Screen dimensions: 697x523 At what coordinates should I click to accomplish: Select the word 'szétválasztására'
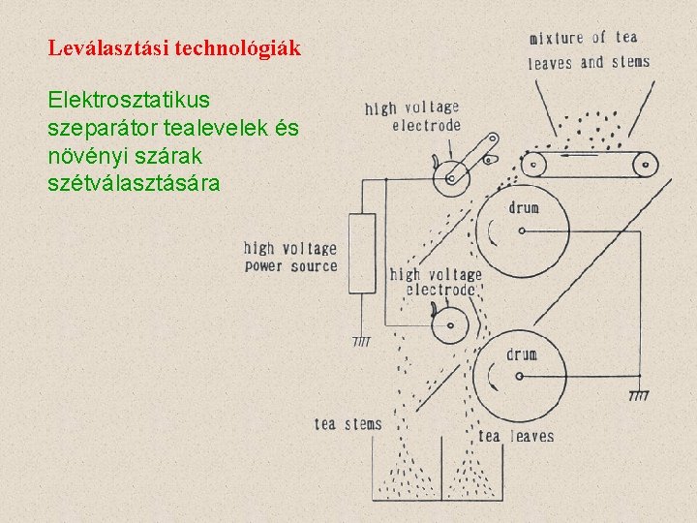134,181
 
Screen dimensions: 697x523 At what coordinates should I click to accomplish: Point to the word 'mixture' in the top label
557,39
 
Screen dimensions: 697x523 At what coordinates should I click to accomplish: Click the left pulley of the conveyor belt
534,164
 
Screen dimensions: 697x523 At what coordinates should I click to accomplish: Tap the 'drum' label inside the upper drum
523,207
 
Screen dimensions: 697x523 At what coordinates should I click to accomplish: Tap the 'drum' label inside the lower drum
520,354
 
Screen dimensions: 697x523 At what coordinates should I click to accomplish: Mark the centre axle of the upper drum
522,231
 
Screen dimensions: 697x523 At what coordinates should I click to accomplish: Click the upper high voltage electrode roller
451,177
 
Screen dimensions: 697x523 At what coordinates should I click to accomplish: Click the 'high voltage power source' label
290,258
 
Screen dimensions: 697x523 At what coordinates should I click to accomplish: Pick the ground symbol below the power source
361,340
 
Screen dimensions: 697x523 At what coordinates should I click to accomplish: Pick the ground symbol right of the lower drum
639,394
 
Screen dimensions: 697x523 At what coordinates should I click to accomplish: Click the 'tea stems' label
348,423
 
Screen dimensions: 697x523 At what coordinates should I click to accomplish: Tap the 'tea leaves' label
515,436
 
